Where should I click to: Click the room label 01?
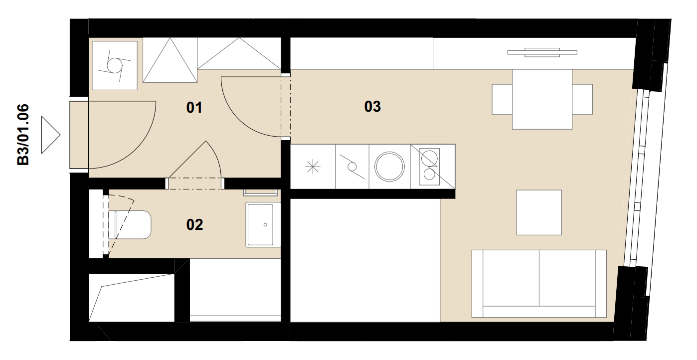pyautogui.click(x=194, y=108)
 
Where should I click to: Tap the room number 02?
pyautogui.click(x=194, y=225)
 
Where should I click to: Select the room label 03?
pyautogui.click(x=372, y=107)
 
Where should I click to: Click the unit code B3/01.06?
pyautogui.click(x=23, y=135)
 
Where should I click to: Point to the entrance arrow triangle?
pyautogui.click(x=50, y=135)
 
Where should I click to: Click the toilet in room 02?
pyautogui.click(x=130, y=225)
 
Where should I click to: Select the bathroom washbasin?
pyautogui.click(x=263, y=225)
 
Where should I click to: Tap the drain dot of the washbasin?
pyautogui.click(x=265, y=225)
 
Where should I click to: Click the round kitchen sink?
pyautogui.click(x=389, y=167)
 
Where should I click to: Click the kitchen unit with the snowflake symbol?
pyautogui.click(x=313, y=167)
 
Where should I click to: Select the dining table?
pyautogui.click(x=542, y=99)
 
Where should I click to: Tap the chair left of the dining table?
pyautogui.click(x=502, y=99)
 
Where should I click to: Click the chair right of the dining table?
pyautogui.click(x=582, y=99)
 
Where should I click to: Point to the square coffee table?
pyautogui.click(x=539, y=212)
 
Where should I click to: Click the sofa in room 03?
pyautogui.click(x=539, y=283)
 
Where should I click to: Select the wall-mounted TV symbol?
pyautogui.click(x=542, y=52)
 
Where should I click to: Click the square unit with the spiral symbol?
pyautogui.click(x=115, y=66)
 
